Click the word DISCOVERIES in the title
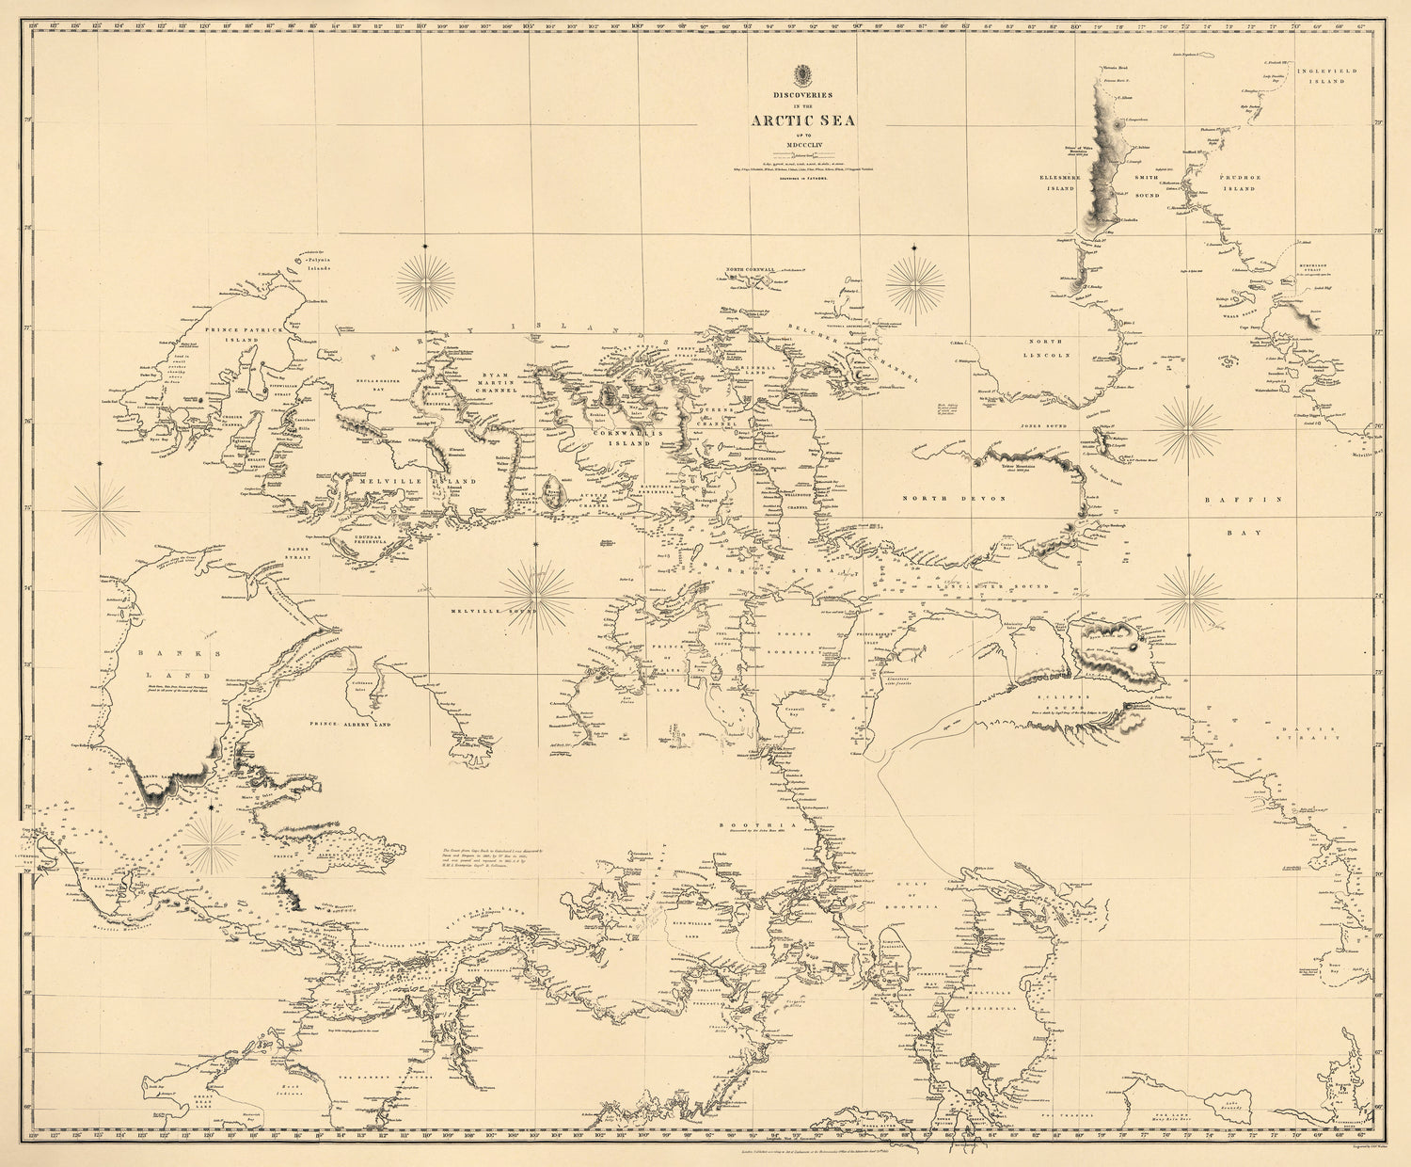click(x=802, y=94)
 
